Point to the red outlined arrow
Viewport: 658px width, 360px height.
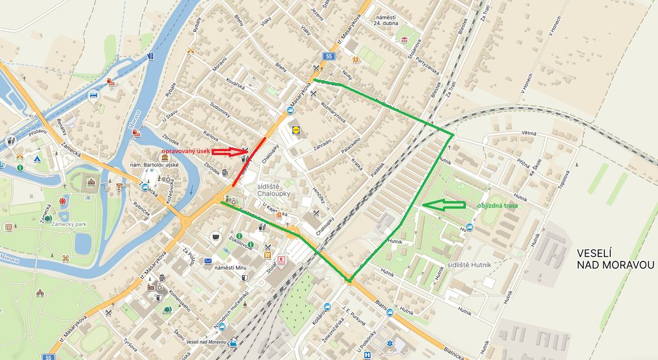(230, 151)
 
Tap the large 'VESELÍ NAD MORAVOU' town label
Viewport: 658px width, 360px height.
(615, 259)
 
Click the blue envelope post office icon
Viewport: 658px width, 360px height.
(208, 261)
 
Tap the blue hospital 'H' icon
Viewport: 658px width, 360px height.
(367, 355)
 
